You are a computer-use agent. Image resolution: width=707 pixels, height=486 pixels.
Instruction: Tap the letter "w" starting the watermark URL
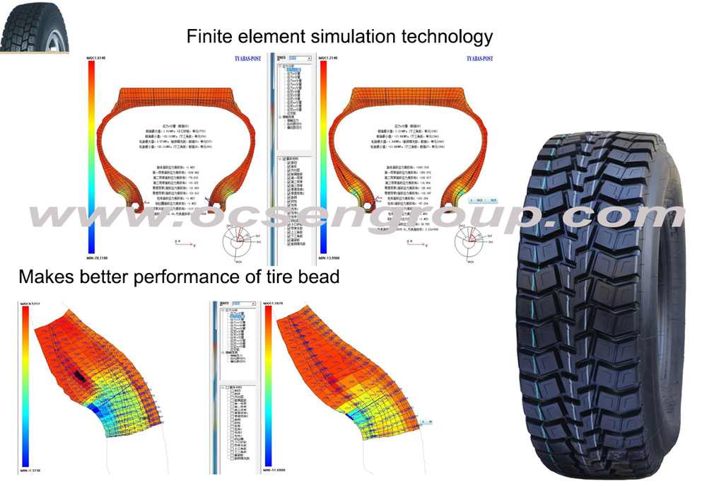(x=49, y=216)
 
